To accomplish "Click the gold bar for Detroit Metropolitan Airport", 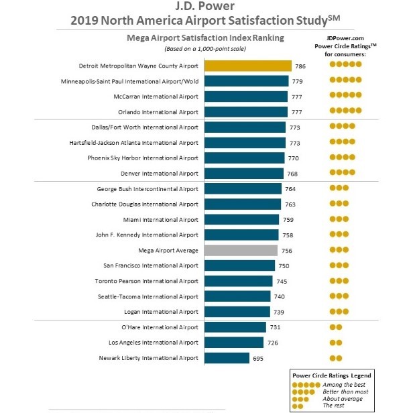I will (x=247, y=66).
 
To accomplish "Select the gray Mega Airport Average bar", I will (x=240, y=250).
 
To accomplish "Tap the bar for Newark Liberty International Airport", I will (x=229, y=358).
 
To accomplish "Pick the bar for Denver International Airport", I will (x=243, y=173).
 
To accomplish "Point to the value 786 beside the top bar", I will (x=301, y=66).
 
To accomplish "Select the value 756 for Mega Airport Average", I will (x=287, y=251).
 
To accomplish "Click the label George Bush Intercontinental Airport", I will (x=147, y=188).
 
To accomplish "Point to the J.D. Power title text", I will (x=206, y=8).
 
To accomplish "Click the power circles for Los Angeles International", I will (x=335, y=343).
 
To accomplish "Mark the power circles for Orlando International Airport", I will (x=345, y=111).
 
